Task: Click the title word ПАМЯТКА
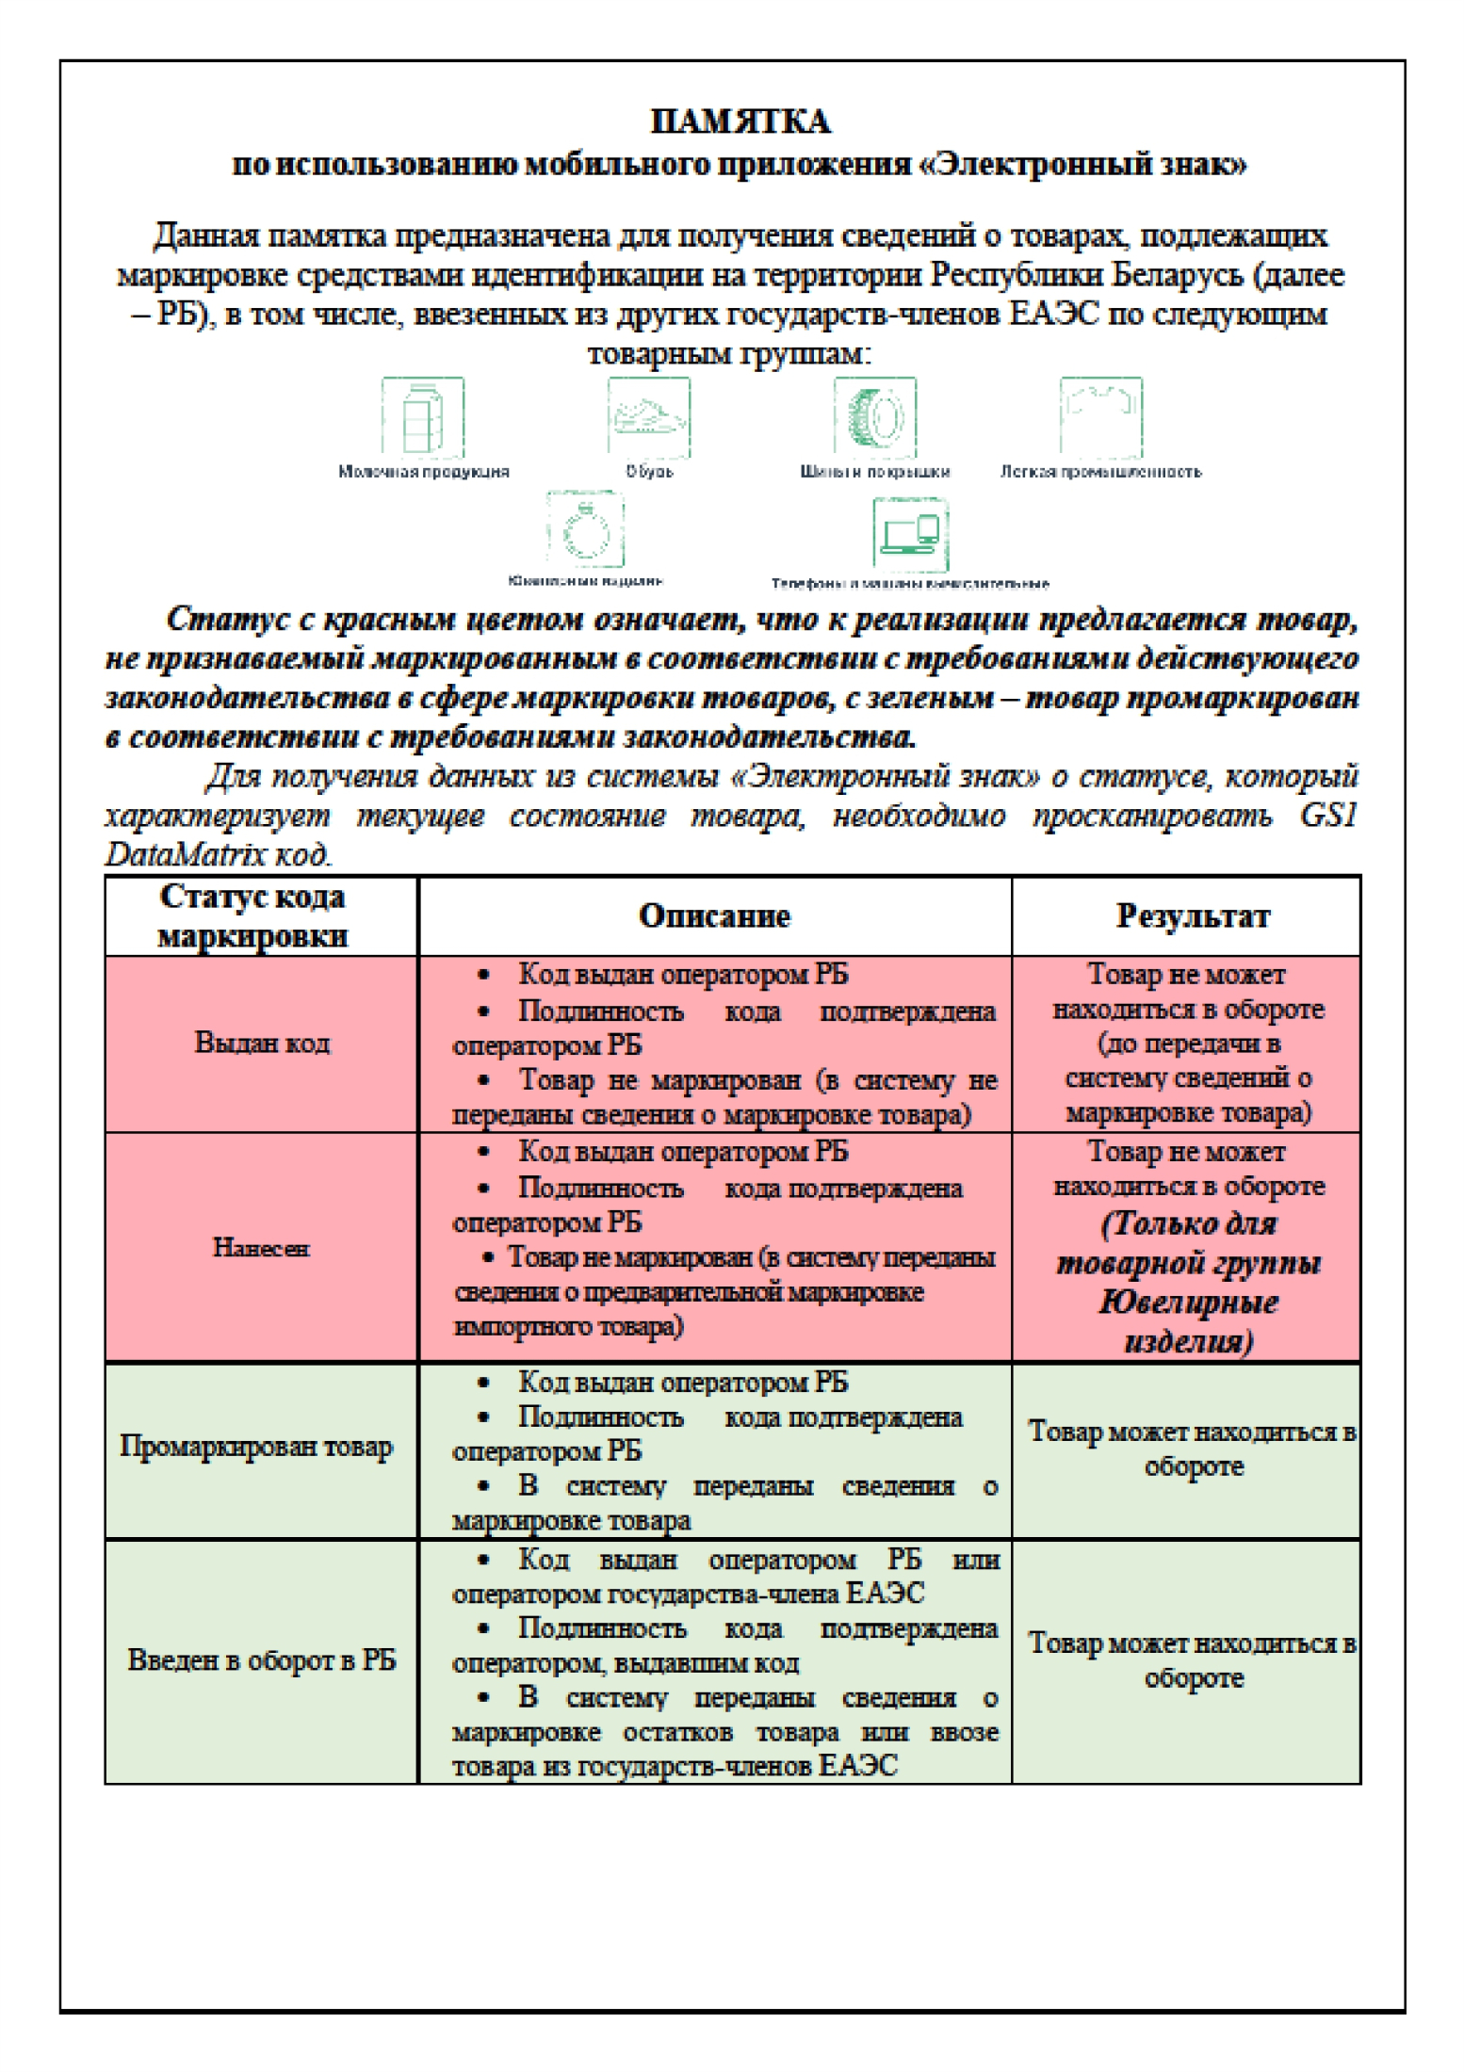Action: pyautogui.click(x=740, y=121)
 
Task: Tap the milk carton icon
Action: pyautogui.click(x=422, y=417)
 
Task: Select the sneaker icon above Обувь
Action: pyautogui.click(x=648, y=417)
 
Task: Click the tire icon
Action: pyautogui.click(x=874, y=417)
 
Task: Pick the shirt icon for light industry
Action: pyautogui.click(x=1100, y=417)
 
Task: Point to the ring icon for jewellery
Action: pyautogui.click(x=585, y=530)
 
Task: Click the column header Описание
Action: pyautogui.click(x=714, y=915)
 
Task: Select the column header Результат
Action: pyautogui.click(x=1193, y=915)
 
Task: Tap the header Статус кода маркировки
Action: pyautogui.click(x=252, y=915)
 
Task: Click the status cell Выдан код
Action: pyautogui.click(x=262, y=1043)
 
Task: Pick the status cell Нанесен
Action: pyautogui.click(x=261, y=1248)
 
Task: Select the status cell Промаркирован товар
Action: pyautogui.click(x=256, y=1447)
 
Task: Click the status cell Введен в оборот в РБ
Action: pyautogui.click(x=261, y=1659)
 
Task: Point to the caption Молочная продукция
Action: pyautogui.click(x=424, y=472)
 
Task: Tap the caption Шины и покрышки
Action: pyautogui.click(x=875, y=472)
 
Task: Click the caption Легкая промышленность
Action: pyautogui.click(x=1100, y=472)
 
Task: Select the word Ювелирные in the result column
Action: pyautogui.click(x=1188, y=1303)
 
